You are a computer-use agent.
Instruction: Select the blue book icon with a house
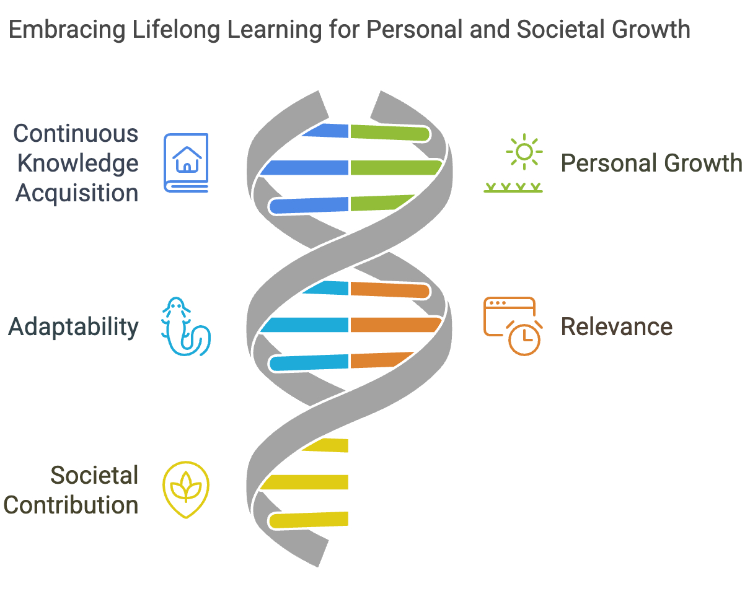[x=186, y=163]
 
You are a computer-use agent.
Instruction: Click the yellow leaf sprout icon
[x=186, y=489]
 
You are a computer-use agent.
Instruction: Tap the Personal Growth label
[x=651, y=164]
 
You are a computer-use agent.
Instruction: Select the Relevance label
[x=617, y=327]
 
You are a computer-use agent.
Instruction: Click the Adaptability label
[x=73, y=327]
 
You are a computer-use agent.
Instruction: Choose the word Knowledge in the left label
[x=77, y=164]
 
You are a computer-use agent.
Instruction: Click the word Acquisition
[x=77, y=193]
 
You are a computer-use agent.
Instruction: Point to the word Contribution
[x=71, y=505]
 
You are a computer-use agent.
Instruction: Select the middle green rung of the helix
[x=395, y=167]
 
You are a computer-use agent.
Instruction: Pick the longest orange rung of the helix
[x=395, y=325]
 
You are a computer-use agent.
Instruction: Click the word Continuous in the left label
[x=76, y=134]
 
